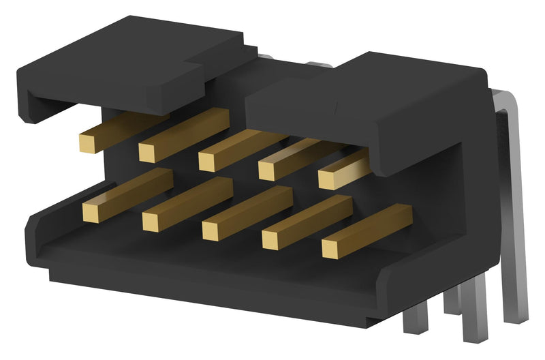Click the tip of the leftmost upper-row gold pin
click(x=89, y=142)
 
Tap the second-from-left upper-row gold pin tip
click(x=148, y=151)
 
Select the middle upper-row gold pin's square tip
click(x=208, y=161)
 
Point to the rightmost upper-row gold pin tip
click(x=328, y=179)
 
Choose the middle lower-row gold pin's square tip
click(x=211, y=230)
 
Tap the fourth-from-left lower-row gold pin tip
click(x=271, y=240)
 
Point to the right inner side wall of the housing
click(x=436, y=205)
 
